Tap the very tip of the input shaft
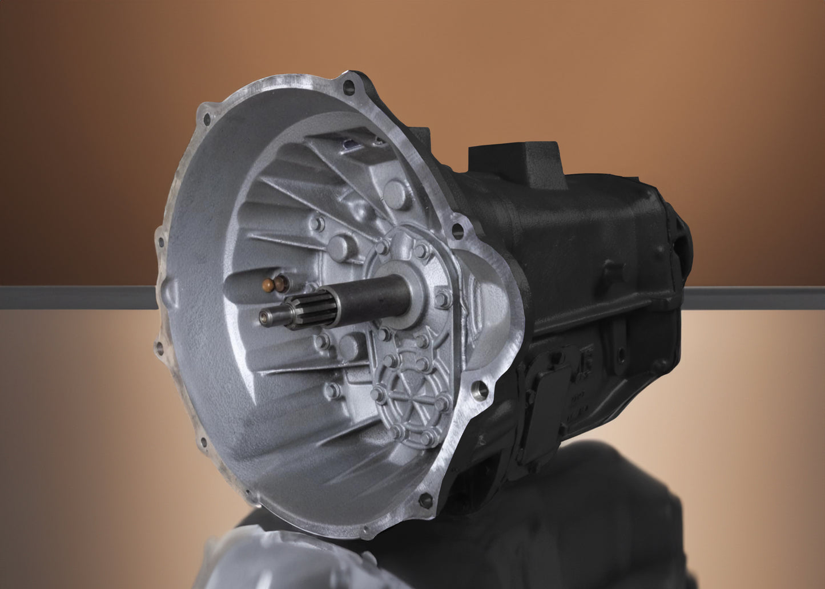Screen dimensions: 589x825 click(x=263, y=317)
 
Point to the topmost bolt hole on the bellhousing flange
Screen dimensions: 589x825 click(x=348, y=87)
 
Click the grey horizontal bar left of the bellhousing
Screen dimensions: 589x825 click(x=77, y=297)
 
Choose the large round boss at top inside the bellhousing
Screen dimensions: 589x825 click(x=396, y=194)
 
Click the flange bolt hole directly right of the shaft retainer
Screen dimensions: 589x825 click(x=457, y=230)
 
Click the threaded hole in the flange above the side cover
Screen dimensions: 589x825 click(x=480, y=390)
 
